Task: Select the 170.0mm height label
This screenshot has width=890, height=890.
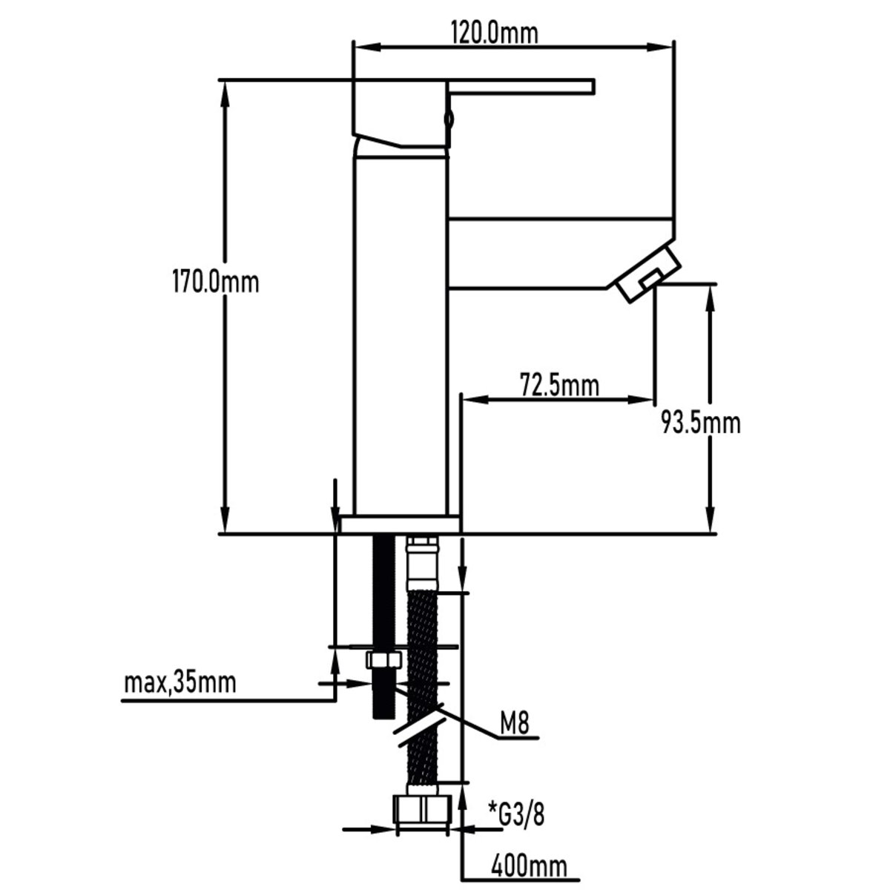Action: [214, 282]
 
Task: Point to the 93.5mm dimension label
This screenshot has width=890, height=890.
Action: [700, 423]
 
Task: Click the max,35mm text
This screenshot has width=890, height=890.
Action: [180, 682]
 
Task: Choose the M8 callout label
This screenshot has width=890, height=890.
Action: [513, 724]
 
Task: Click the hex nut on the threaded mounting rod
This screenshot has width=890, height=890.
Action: [383, 660]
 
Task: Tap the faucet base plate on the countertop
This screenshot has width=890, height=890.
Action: [398, 524]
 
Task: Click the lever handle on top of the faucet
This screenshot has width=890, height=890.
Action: [519, 87]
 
